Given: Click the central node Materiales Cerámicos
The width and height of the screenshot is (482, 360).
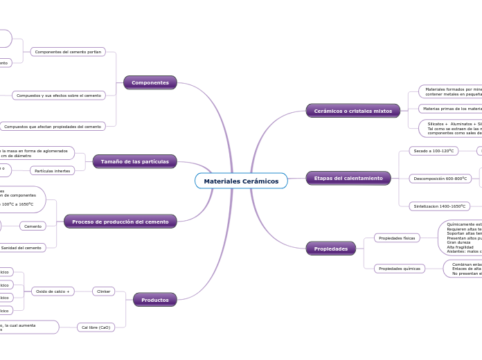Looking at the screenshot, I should (241, 181).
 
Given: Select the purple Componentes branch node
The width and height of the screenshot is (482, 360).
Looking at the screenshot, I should (150, 82).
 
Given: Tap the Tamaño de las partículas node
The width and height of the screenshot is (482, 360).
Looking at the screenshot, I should (134, 161).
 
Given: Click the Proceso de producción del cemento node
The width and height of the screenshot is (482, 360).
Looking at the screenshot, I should (120, 222).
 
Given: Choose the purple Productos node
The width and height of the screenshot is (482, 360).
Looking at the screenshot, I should (155, 300).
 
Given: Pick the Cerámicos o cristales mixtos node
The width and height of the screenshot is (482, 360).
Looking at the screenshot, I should (352, 111).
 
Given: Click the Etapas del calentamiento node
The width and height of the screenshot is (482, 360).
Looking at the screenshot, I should (348, 178).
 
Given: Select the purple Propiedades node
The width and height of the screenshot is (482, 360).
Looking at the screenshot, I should (330, 248).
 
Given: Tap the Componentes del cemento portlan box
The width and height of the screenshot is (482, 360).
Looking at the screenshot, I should (68, 52).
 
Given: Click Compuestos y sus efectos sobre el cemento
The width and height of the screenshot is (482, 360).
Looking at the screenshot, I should (59, 95).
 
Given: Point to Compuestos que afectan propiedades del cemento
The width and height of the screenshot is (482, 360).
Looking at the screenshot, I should (53, 127).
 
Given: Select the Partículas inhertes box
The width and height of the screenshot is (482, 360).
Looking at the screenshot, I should (53, 171).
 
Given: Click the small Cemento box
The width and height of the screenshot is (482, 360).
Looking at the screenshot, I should (33, 226).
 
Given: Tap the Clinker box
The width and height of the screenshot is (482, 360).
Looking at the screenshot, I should (104, 291).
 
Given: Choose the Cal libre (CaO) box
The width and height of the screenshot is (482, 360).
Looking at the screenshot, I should (96, 327).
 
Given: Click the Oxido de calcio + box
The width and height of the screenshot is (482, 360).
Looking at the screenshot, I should (53, 291).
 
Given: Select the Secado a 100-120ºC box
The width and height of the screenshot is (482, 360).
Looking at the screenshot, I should (434, 151).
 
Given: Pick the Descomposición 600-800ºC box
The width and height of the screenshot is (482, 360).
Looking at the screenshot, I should (440, 179).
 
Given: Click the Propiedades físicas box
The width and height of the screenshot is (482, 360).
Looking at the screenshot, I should (397, 238).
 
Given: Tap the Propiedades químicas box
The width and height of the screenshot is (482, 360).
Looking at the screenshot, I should (398, 269).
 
